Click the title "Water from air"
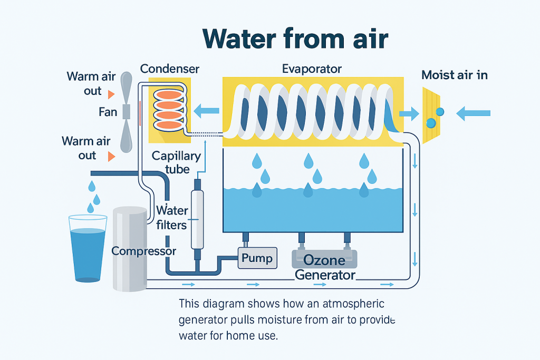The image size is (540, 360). click(x=295, y=39)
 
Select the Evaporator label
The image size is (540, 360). click(x=312, y=69)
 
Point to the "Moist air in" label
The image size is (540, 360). click(x=455, y=75)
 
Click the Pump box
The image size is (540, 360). click(x=257, y=258)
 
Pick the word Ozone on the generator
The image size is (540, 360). click(x=324, y=260)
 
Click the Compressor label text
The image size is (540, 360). click(x=143, y=251)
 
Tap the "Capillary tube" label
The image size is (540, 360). click(x=176, y=162)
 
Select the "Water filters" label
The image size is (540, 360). click(x=172, y=218)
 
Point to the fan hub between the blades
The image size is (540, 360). click(x=127, y=112)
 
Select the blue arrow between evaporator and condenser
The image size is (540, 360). click(x=206, y=111)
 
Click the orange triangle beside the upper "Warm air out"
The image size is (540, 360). click(x=111, y=94)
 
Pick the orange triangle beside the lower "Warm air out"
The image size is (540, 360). click(x=111, y=156)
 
